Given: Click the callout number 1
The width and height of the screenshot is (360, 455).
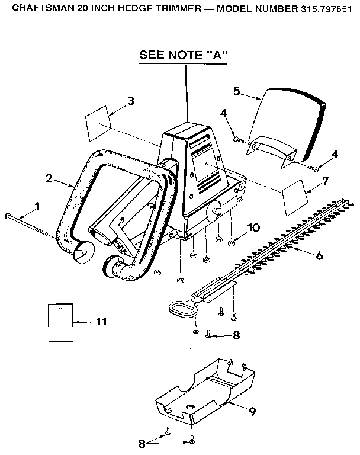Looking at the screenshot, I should tap(37, 206).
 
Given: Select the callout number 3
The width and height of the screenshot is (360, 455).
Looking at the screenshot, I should tap(131, 100).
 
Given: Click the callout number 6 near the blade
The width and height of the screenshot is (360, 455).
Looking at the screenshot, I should tap(319, 255).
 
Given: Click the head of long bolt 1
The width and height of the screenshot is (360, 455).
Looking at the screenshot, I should tap(8, 216).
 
